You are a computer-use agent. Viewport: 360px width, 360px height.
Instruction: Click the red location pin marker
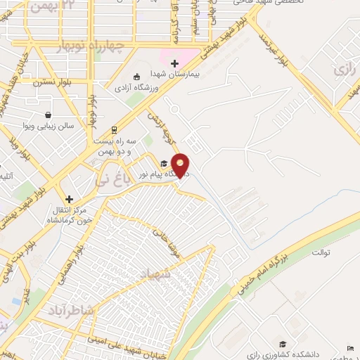click(x=181, y=165)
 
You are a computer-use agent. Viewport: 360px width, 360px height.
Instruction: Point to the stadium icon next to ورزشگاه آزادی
click(x=136, y=77)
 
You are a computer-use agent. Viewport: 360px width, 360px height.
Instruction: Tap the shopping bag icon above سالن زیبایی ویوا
click(x=47, y=115)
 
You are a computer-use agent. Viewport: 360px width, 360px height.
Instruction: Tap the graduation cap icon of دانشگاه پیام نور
click(x=164, y=164)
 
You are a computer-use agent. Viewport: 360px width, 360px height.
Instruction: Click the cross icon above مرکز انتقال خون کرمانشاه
click(x=69, y=199)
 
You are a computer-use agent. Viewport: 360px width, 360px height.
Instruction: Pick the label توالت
click(x=321, y=252)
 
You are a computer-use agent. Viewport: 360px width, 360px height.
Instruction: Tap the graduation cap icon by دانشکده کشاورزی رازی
click(x=283, y=344)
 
